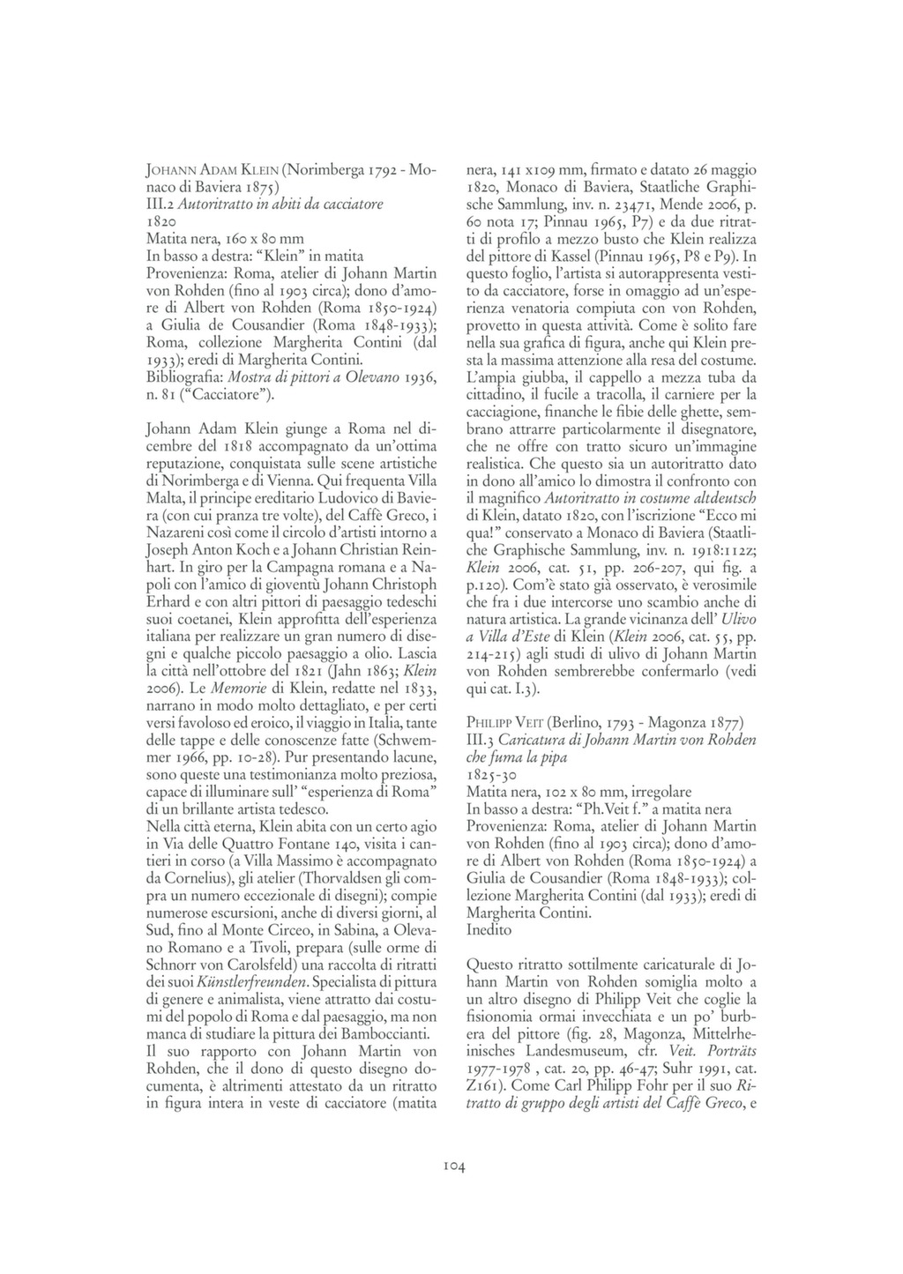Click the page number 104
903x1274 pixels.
coord(451,1166)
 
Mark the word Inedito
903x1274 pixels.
coord(489,928)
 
